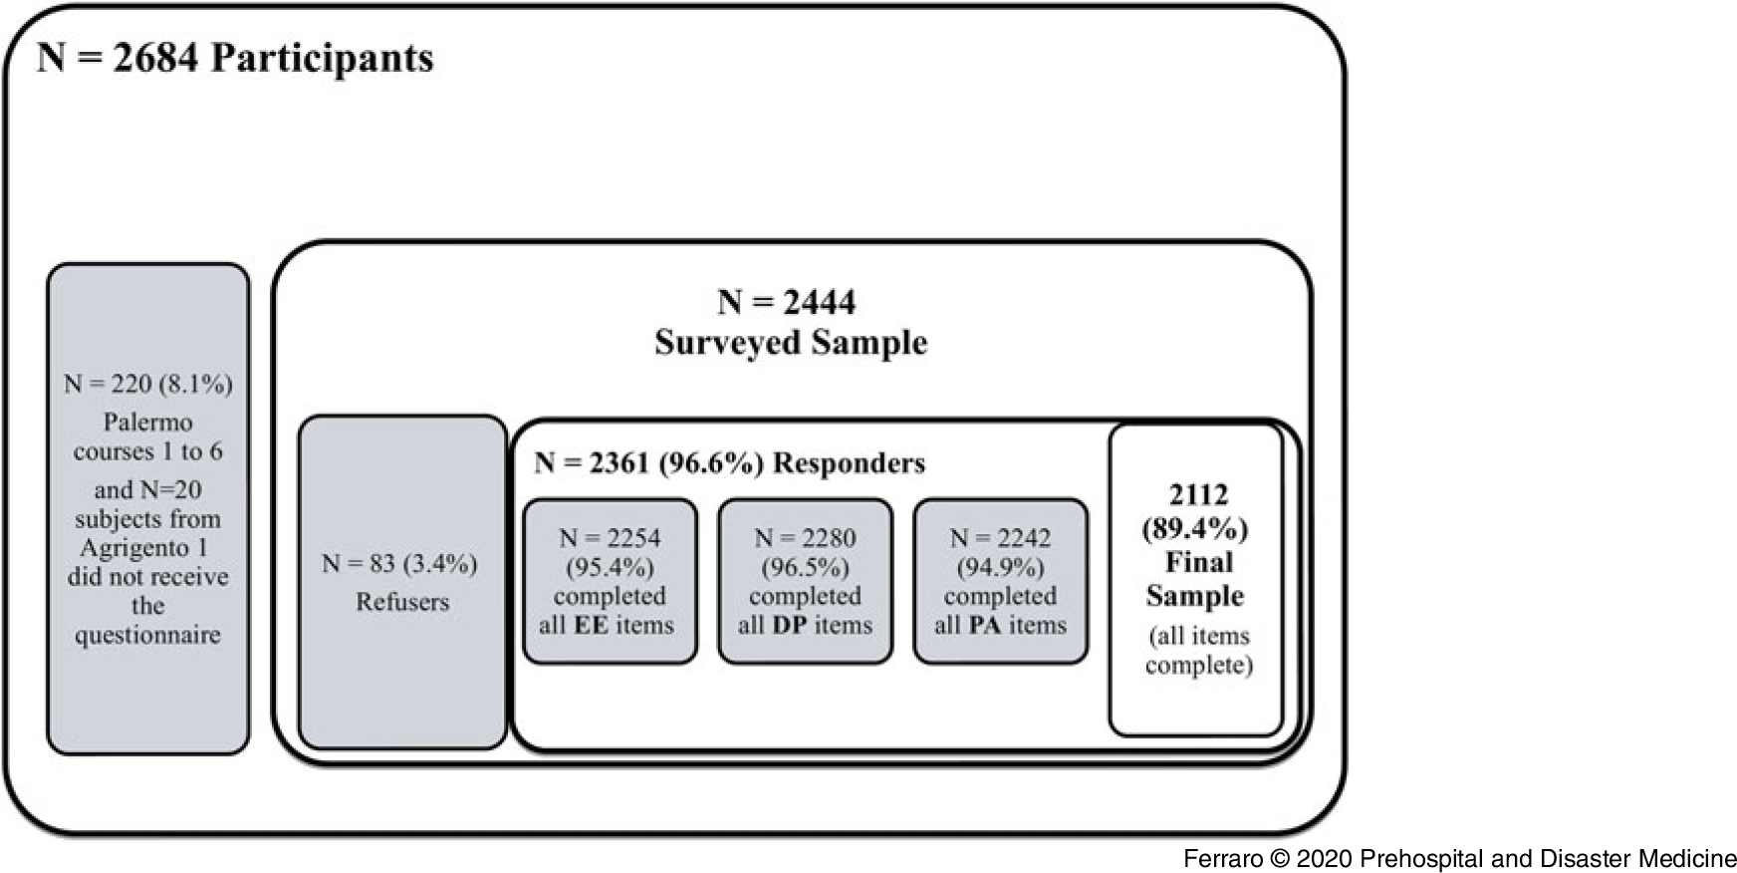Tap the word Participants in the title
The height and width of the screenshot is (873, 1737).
pos(322,59)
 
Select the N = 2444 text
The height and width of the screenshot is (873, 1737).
pos(787,302)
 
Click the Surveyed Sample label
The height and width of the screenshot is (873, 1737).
pos(791,343)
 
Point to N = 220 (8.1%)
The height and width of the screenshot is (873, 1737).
pos(148,384)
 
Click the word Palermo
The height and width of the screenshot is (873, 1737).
pos(147,423)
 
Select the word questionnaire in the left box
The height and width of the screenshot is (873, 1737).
pos(147,636)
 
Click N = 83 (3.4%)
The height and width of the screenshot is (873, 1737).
pos(399,564)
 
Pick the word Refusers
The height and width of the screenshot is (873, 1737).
pos(402,602)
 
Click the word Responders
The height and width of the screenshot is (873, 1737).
pos(849,463)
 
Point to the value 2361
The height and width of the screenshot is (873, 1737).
pos(620,463)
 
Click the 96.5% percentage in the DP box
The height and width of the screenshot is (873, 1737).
pos(805,568)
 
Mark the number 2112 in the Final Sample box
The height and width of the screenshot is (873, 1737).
pos(1198,495)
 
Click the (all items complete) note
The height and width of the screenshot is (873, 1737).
pos(1198,651)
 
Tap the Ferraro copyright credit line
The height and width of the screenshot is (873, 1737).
pos(1459,859)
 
